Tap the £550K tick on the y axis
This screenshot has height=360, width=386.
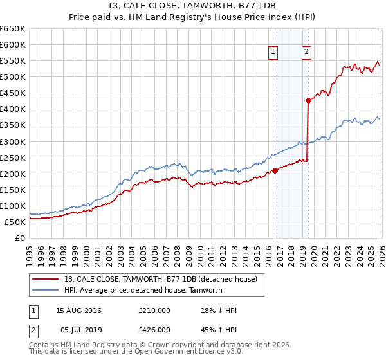point(13,61)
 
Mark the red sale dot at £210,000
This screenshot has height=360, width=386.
point(275,170)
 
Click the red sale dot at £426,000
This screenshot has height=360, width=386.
point(308,100)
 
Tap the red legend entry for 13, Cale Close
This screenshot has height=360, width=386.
point(161,278)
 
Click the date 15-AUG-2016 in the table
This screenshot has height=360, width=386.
point(78,310)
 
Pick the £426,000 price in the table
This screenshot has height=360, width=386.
point(154,329)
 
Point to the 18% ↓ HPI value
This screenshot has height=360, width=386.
point(219,310)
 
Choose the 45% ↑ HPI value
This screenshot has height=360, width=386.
point(219,329)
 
